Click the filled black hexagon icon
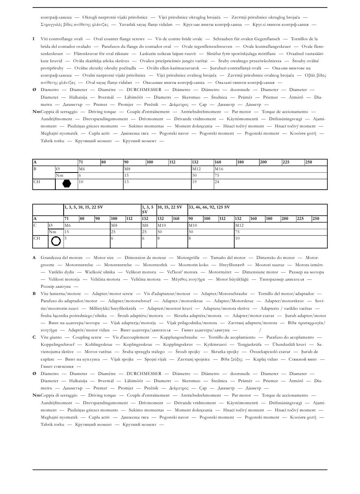point(67,184)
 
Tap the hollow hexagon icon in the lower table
point(56,241)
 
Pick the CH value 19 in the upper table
point(194,182)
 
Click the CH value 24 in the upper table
point(217,182)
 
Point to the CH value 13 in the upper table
point(127,182)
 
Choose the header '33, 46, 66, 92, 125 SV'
point(209,207)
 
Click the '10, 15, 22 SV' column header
point(170,207)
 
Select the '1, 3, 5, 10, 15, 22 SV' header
point(84,207)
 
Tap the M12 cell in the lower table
point(239,225)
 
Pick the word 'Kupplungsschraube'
point(179,337)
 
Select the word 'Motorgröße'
point(188,258)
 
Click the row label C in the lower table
point(35,225)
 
